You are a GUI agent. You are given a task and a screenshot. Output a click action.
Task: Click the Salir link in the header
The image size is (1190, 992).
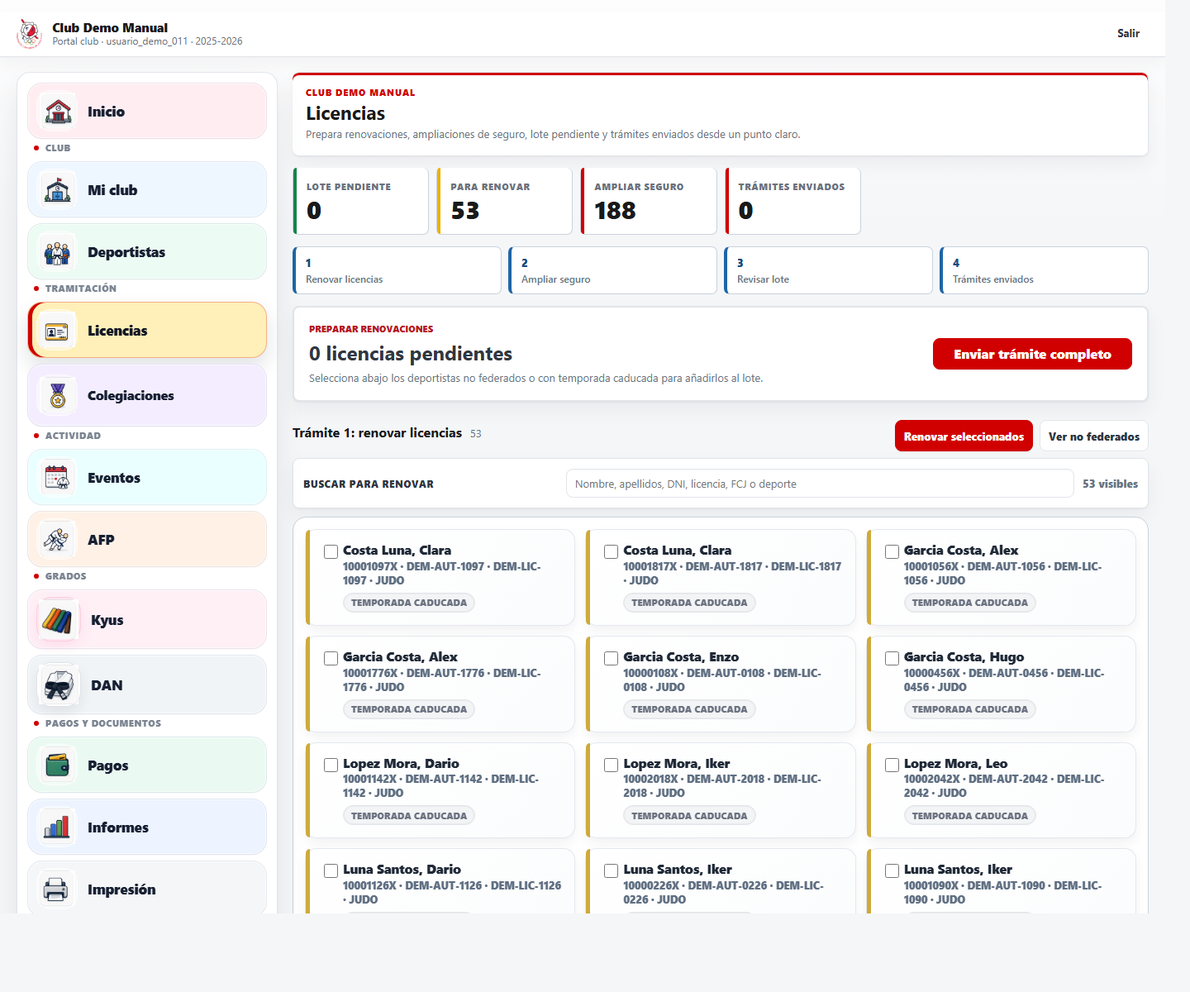(x=1128, y=33)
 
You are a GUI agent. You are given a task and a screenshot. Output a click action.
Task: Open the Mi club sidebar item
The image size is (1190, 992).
(x=147, y=190)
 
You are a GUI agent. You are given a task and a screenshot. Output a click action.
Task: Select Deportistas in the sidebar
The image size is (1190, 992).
(x=147, y=252)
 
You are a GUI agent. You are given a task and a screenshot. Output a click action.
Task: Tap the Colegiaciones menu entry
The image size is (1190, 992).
(x=147, y=396)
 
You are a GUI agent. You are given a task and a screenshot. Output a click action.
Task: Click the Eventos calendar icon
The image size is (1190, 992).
(x=57, y=478)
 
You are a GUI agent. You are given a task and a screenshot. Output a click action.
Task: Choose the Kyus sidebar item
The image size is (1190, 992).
(x=147, y=620)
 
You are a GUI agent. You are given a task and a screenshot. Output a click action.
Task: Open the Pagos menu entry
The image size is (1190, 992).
(x=147, y=765)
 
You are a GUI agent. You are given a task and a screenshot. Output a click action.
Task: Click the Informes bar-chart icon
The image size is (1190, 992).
(x=57, y=827)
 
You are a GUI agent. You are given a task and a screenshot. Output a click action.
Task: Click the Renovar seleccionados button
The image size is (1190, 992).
(x=964, y=436)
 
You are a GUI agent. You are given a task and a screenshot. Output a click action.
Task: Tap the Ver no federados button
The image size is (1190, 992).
(x=1093, y=436)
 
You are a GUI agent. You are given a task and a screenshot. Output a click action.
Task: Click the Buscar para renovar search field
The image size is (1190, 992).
(x=820, y=484)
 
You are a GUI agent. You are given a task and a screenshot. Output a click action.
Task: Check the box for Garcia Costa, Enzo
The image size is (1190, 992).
(x=611, y=658)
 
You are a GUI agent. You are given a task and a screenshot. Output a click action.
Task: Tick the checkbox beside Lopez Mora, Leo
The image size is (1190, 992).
(x=892, y=765)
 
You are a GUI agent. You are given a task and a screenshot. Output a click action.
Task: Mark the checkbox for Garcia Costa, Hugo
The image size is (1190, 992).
(x=892, y=658)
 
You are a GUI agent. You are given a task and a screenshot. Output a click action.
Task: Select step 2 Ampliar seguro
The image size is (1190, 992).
(x=612, y=270)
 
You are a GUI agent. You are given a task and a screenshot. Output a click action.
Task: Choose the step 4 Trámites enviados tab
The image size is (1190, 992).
(x=1044, y=270)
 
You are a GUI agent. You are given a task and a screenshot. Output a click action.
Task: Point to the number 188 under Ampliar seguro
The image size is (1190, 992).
(x=614, y=210)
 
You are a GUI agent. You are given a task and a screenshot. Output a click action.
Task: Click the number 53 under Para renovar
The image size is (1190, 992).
(x=465, y=210)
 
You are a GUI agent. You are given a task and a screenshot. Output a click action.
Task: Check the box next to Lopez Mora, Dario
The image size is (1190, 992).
(x=331, y=765)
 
